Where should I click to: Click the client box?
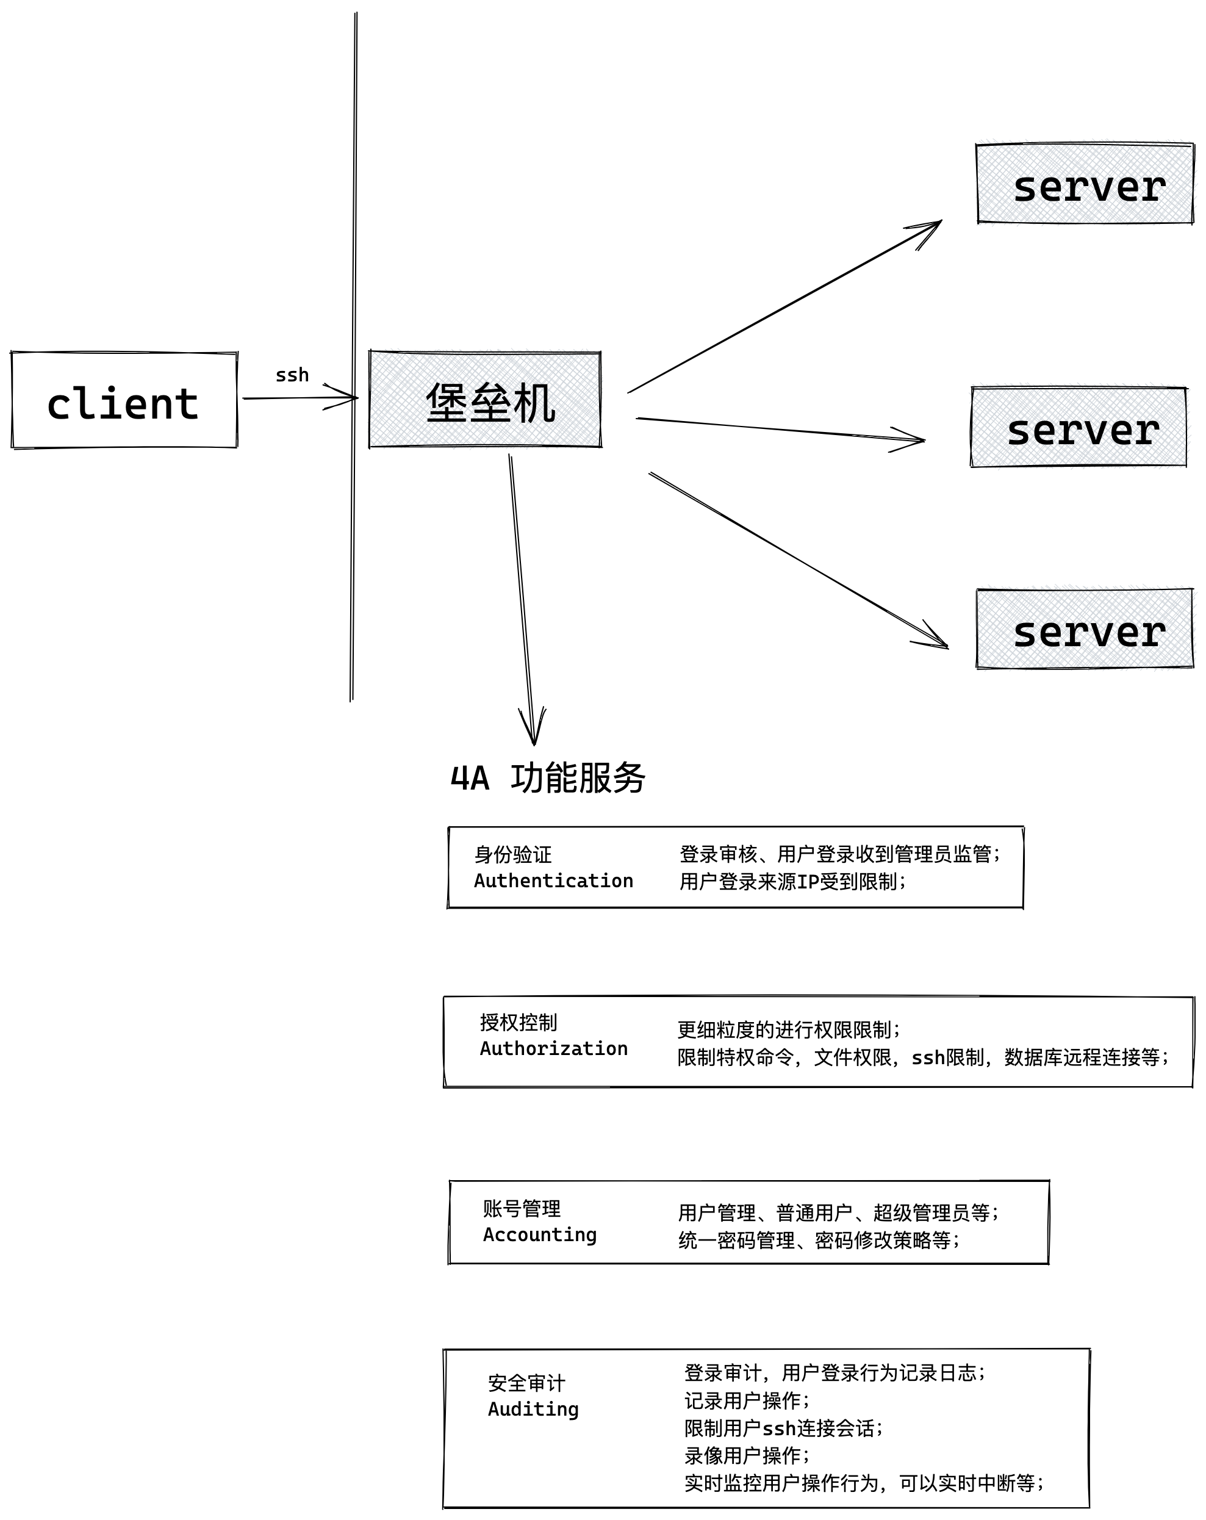[x=124, y=400]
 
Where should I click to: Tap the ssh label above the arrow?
[x=292, y=375]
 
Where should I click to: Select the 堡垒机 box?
[x=485, y=400]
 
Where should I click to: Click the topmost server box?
[x=1084, y=184]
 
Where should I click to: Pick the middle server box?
[x=1079, y=427]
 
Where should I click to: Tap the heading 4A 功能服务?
[x=548, y=779]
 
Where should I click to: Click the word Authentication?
[x=553, y=881]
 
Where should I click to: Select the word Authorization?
[x=553, y=1048]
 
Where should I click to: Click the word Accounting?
[x=539, y=1234]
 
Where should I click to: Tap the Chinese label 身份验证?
[x=512, y=854]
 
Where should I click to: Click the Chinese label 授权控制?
[x=518, y=1022]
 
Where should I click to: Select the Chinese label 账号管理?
[x=522, y=1208]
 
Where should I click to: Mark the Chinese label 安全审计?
[x=526, y=1383]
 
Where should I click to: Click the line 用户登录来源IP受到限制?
[x=792, y=881]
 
